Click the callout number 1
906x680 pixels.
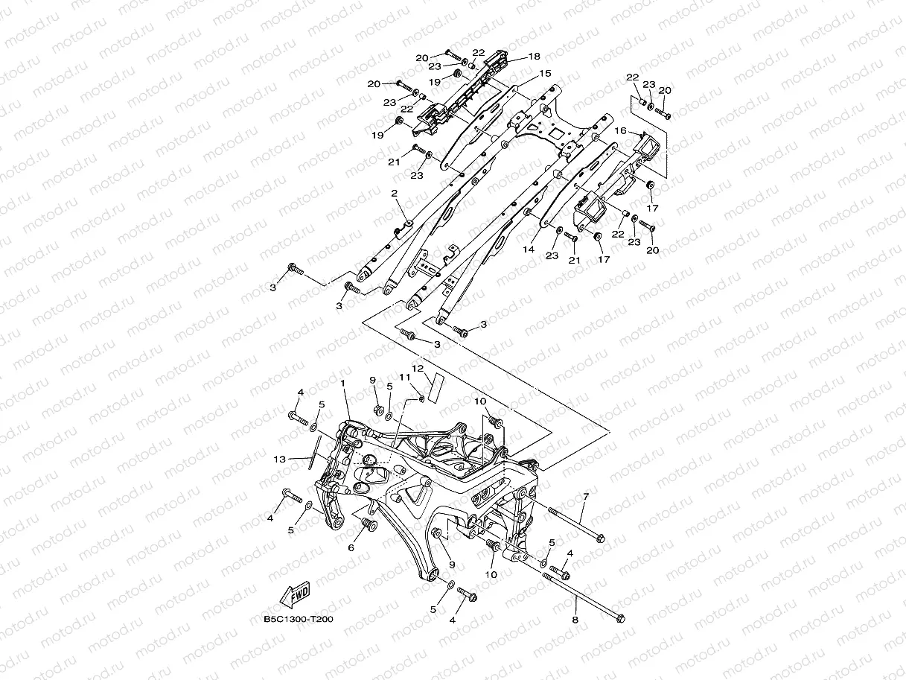pos(343,383)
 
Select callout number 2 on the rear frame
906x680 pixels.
pos(395,194)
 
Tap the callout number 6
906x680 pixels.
pos(351,547)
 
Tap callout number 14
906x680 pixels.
pos(529,250)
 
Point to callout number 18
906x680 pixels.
pos(534,56)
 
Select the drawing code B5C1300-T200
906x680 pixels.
pos(298,618)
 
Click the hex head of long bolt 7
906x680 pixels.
pos(601,538)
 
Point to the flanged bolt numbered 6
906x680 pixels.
pos(367,527)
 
